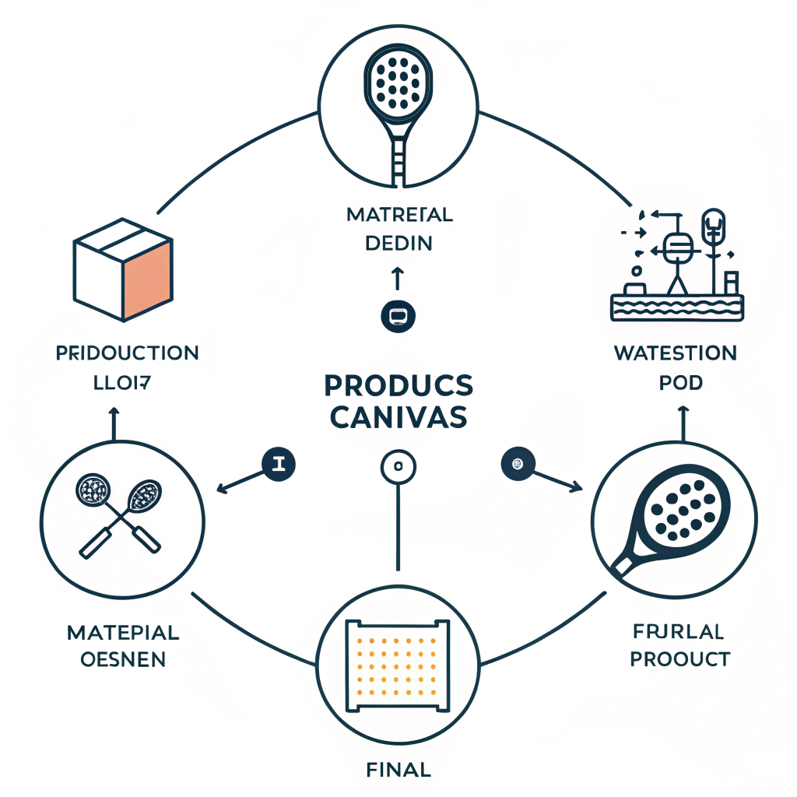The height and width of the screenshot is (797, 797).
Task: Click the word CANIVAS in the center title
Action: (x=398, y=418)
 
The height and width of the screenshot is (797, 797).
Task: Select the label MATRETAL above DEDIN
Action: (x=398, y=214)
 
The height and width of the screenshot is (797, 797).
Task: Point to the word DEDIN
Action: (x=398, y=244)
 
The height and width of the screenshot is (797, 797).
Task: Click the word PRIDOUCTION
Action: (x=127, y=353)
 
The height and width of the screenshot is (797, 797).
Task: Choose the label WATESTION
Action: (x=675, y=353)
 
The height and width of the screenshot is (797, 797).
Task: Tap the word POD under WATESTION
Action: (x=681, y=383)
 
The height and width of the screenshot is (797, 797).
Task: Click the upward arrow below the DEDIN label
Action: (x=397, y=278)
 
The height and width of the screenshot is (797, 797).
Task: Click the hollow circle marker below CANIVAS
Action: (x=398, y=468)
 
